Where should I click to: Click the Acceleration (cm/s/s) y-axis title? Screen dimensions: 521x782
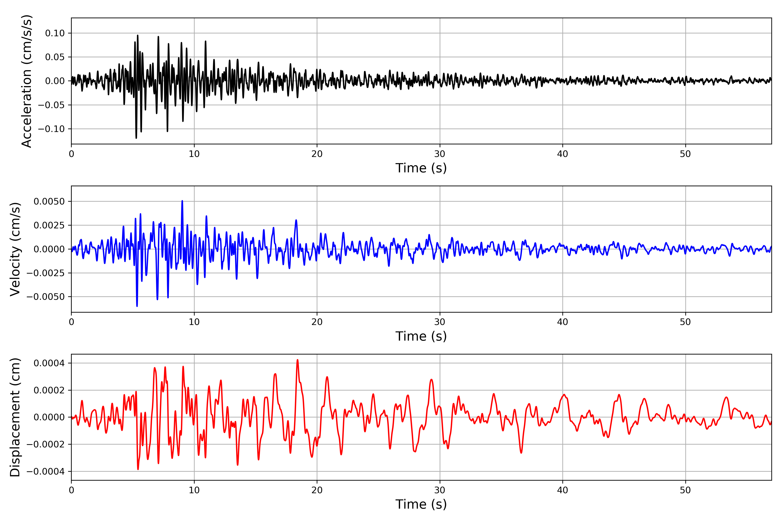[x=27, y=81]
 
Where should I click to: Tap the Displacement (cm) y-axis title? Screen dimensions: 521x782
[x=15, y=417]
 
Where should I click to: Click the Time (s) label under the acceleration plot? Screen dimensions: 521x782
[x=421, y=168]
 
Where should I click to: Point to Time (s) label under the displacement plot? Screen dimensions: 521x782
[x=421, y=504]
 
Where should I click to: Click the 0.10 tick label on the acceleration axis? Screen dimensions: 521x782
[x=55, y=33]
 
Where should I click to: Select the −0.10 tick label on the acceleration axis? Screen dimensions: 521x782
[x=51, y=129]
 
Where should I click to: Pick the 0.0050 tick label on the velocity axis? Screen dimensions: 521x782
[x=49, y=201]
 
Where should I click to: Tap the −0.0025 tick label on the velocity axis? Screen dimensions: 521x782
[x=46, y=273]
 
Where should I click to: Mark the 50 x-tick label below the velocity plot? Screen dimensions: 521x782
[x=685, y=322]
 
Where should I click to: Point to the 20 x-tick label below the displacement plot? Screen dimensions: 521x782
[x=317, y=490]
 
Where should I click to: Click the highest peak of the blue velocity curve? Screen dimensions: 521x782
[x=182, y=201]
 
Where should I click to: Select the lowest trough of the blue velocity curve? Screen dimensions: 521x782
[x=137, y=306]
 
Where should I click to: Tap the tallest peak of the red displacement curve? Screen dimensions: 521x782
[x=298, y=360]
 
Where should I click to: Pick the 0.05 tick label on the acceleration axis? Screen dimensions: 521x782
[x=55, y=57]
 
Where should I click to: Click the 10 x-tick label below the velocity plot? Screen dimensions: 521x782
[x=194, y=322]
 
